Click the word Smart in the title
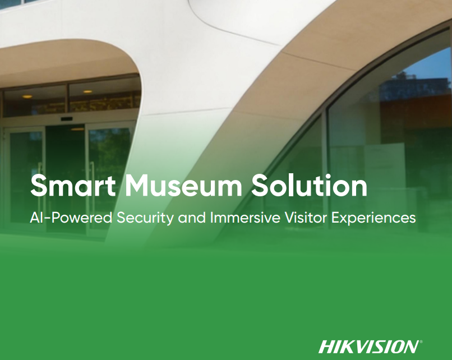73,186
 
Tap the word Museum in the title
183,186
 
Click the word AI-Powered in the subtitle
71,218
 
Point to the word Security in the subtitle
145,218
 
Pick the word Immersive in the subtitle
245,218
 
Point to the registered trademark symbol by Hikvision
421,342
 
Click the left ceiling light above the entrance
27,96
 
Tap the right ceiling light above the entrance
87,91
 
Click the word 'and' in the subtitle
192,218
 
